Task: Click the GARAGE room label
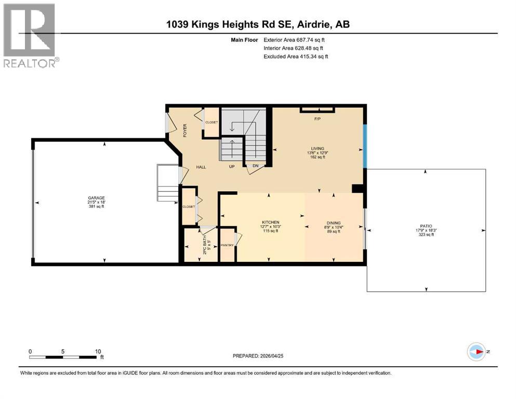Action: pyautogui.click(x=96, y=198)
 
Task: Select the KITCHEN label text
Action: pyautogui.click(x=270, y=222)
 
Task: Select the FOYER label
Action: pyautogui.click(x=184, y=130)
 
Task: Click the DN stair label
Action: pyautogui.click(x=255, y=166)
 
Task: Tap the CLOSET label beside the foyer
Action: pyautogui.click(x=211, y=123)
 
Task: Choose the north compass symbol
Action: pyautogui.click(x=477, y=352)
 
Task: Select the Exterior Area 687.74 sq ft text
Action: pyautogui.click(x=296, y=39)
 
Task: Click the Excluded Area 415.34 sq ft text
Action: pyautogui.click(x=296, y=56)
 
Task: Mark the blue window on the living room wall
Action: pyautogui.click(x=365, y=146)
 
